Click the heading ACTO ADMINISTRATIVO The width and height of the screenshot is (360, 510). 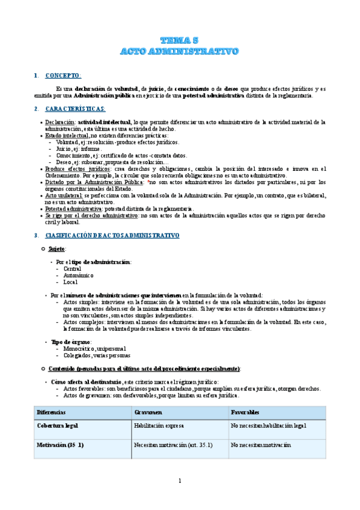pyautogui.click(x=180, y=51)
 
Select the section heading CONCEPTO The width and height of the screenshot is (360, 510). pyautogui.click(x=63, y=76)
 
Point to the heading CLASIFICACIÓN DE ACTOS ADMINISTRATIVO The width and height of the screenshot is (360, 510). pyautogui.click(x=112, y=235)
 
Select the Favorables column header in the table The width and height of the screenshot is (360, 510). pyautogui.click(x=246, y=413)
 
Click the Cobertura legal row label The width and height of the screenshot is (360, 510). pyautogui.click(x=58, y=426)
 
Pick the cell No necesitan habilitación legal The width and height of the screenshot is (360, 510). pyautogui.click(x=269, y=426)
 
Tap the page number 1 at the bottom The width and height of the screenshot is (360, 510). pyautogui.click(x=180, y=481)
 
